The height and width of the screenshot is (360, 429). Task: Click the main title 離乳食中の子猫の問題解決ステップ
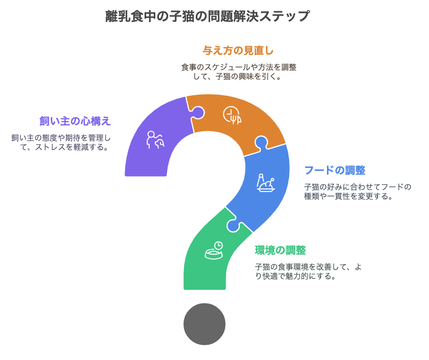(x=208, y=16)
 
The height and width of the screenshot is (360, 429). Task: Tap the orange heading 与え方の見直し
(x=238, y=51)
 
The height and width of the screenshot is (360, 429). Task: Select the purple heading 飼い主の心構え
(x=75, y=121)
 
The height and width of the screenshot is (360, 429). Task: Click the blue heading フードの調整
(x=335, y=171)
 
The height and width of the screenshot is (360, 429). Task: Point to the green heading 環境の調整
(x=280, y=250)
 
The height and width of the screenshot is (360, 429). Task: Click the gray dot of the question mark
(x=205, y=324)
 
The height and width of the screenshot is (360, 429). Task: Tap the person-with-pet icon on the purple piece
(x=155, y=140)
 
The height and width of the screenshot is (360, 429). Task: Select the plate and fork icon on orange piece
(x=232, y=115)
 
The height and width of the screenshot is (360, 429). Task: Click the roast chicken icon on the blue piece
(x=265, y=183)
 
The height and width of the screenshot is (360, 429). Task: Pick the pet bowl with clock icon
(x=214, y=250)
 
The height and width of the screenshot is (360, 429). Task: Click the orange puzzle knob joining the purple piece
(x=198, y=112)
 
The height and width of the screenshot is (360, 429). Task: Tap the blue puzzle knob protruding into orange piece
(x=261, y=142)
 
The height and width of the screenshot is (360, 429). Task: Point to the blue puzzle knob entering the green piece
(x=233, y=225)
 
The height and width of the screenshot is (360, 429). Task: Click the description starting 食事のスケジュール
(x=238, y=72)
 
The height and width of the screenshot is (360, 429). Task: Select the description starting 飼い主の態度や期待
(x=61, y=142)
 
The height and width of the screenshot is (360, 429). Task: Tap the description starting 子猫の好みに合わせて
(x=358, y=192)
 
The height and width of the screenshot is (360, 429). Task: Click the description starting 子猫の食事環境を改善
(x=309, y=271)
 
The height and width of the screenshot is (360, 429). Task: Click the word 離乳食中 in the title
(x=131, y=16)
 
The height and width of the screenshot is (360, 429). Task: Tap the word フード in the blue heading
(x=319, y=171)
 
